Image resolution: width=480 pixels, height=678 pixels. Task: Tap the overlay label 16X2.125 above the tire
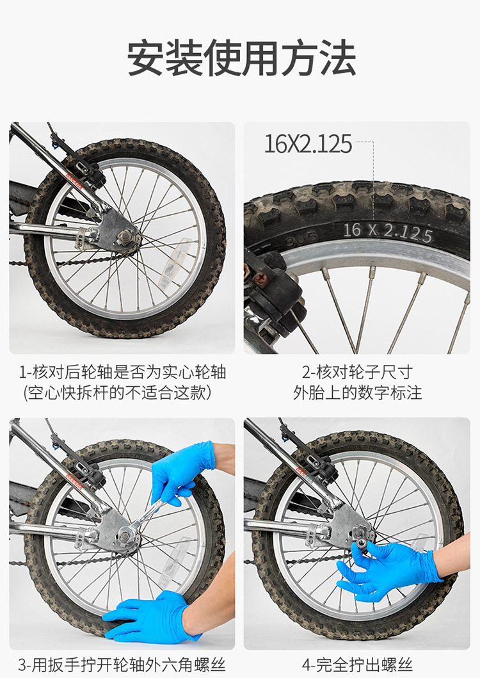tap(308, 144)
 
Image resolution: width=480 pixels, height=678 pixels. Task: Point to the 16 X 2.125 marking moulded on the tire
tap(387, 232)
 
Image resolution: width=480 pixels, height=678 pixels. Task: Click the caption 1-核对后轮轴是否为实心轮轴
tap(122, 372)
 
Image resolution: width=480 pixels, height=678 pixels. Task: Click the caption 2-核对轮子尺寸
tap(357, 372)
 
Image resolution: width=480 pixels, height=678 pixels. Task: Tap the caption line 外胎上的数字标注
tap(357, 392)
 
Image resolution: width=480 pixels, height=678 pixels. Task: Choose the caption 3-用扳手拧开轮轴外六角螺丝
tap(122, 665)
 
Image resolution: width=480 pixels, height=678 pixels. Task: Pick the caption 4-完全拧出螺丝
tap(357, 665)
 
